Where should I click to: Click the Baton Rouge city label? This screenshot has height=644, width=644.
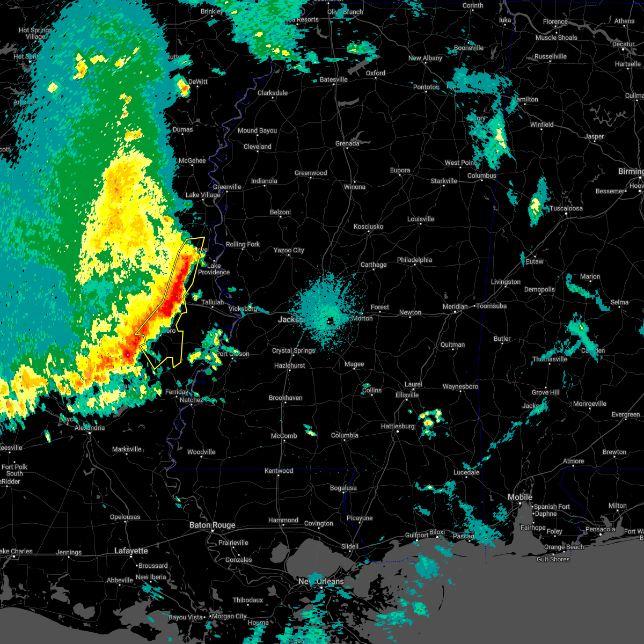pos(212,525)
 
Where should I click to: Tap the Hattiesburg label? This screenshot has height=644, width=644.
pos(398,426)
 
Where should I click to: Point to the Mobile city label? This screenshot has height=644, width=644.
pos(520,497)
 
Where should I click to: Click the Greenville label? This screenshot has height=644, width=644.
pos(227,187)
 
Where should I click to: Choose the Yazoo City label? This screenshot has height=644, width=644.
pos(289,250)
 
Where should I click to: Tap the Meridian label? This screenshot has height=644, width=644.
pos(455,306)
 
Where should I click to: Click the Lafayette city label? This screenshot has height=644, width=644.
pos(131,551)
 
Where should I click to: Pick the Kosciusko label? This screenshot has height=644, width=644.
pos(368,226)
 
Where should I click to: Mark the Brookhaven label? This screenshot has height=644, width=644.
pos(286,398)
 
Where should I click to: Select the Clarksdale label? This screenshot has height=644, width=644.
pos(273,93)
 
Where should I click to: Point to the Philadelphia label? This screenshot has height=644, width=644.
pos(414,260)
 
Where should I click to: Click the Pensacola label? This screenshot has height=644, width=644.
pos(600,529)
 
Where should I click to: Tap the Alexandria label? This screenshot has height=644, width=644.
pos(90,428)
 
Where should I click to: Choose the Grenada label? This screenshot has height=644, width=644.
pos(347,143)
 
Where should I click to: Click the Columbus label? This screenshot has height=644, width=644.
pos(482,175)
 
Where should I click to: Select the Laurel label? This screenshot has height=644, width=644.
pos(413,384)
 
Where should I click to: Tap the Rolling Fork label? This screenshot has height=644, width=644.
pos(243,244)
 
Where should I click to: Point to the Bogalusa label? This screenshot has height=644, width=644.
pos(343,488)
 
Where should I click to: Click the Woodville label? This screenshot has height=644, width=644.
pos(201,452)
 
